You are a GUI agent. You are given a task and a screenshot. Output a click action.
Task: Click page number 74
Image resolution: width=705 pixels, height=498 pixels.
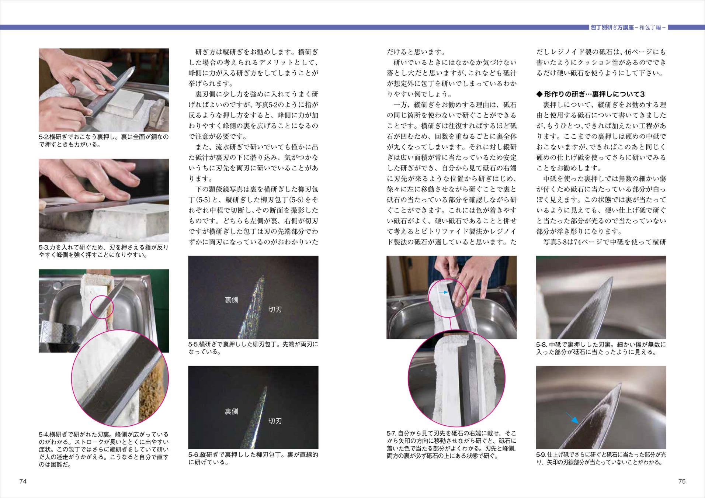(x=23, y=481)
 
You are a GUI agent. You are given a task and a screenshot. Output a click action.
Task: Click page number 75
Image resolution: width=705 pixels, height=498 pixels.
(x=682, y=481)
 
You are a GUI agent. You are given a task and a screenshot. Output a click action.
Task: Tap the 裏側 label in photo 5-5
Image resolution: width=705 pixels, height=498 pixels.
(x=232, y=300)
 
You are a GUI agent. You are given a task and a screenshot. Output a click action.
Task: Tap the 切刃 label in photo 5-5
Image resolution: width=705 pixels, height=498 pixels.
(x=275, y=309)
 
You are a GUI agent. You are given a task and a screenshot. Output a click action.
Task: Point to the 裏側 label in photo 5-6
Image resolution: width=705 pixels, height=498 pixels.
(x=232, y=411)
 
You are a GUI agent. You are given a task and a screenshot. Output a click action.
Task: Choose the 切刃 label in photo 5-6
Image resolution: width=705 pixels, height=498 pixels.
(x=275, y=421)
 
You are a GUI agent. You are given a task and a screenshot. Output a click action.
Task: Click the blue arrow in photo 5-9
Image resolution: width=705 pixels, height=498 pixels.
(x=572, y=418)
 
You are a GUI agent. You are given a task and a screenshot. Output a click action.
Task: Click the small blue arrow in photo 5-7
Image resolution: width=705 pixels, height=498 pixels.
(x=444, y=292)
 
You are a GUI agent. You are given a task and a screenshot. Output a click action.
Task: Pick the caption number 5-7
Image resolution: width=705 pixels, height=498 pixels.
(x=392, y=433)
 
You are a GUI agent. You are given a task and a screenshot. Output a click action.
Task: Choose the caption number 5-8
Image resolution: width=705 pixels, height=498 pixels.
(x=541, y=345)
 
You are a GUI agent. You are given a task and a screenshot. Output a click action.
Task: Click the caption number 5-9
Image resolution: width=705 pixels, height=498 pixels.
(x=541, y=455)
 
